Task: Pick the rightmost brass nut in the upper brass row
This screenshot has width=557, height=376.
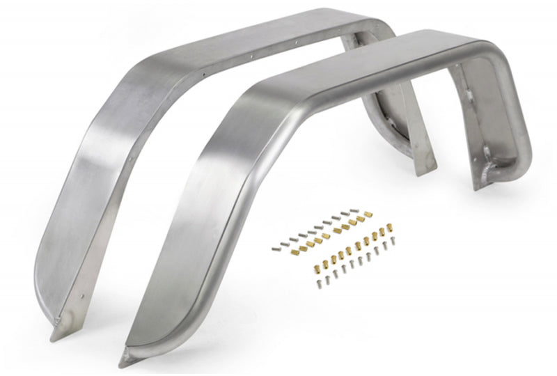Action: (361, 219)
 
